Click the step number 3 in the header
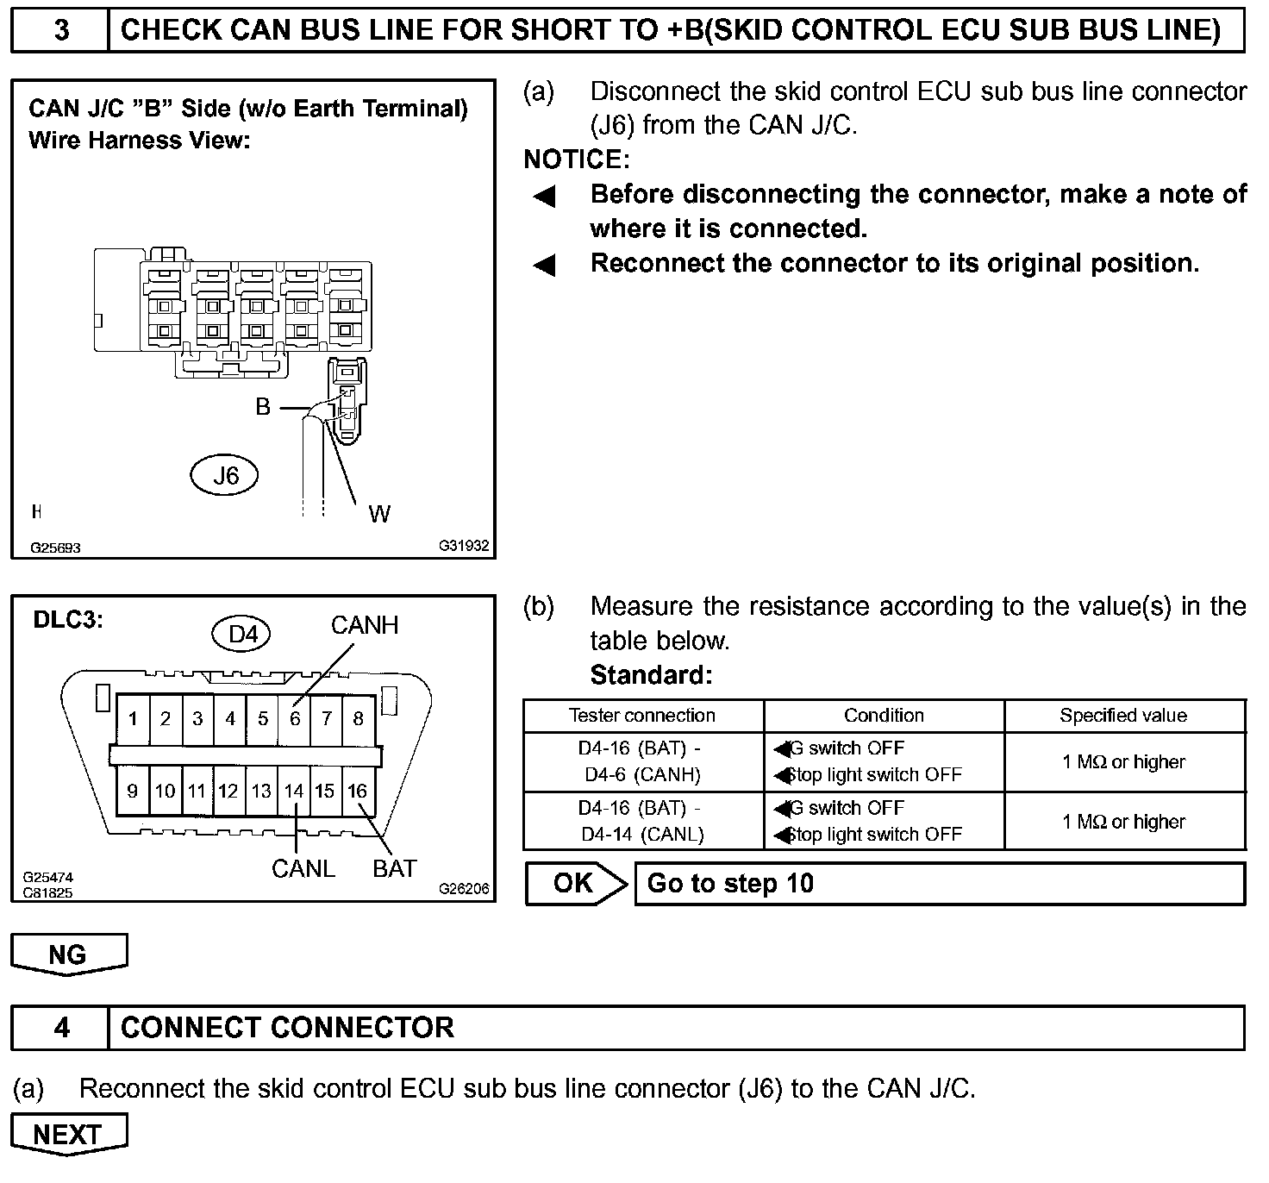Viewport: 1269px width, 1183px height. click(61, 30)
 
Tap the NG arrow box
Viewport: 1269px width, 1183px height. click(68, 954)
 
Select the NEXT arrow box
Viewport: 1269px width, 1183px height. click(68, 1134)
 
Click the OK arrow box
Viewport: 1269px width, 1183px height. click(575, 883)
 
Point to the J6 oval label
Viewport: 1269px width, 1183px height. click(225, 475)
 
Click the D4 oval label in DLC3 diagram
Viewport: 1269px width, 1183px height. click(242, 635)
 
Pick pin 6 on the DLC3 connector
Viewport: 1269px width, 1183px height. click(295, 718)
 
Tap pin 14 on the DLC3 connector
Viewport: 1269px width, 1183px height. click(294, 791)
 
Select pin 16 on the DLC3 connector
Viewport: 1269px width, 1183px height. click(357, 791)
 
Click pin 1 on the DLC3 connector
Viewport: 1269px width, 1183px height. click(133, 718)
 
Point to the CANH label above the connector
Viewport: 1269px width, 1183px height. click(365, 625)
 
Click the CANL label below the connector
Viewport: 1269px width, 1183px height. click(303, 869)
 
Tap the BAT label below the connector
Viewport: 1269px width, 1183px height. click(395, 869)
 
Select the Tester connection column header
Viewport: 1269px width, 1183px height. click(642, 716)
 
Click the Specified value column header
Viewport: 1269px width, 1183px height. click(1123, 716)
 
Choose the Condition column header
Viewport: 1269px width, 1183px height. click(884, 716)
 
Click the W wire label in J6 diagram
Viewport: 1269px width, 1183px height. click(379, 515)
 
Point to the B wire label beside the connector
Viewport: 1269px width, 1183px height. click(263, 407)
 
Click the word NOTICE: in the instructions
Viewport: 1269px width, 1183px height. click(577, 160)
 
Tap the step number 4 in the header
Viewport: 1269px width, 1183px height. click(61, 1028)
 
